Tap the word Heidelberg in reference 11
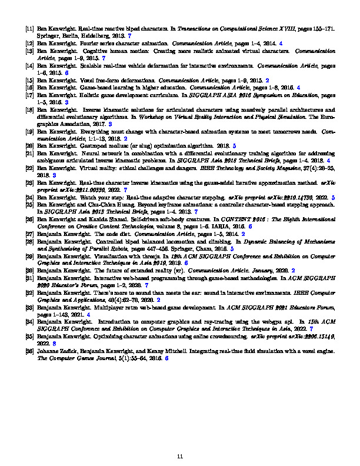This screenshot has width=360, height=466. [96, 35]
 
